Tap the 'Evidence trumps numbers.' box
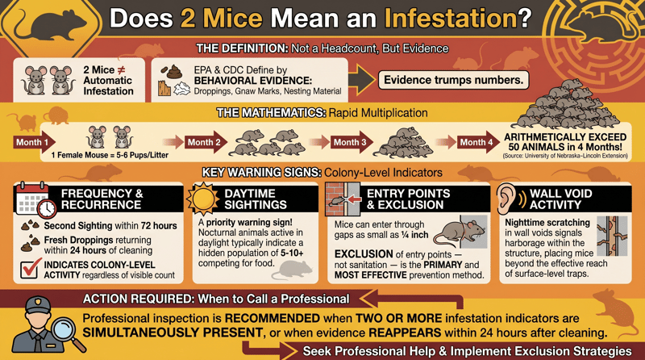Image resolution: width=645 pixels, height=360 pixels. click(453, 80)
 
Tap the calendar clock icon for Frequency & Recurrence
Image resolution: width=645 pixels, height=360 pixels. click(35, 199)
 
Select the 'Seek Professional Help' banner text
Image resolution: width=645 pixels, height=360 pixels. click(467, 350)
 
